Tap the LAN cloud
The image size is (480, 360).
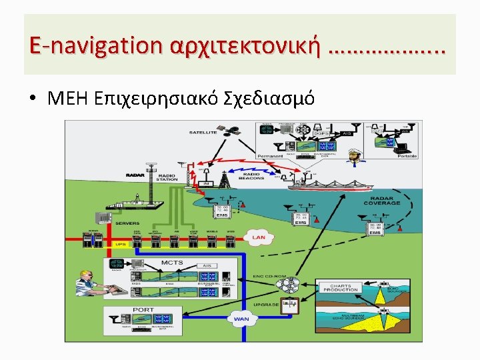pos(258,237)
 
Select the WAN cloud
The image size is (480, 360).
pos(240,319)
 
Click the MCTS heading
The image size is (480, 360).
pos(171,263)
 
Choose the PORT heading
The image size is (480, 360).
pos(143,309)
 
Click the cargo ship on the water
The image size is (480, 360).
pos(327,186)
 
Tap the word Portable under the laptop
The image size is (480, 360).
pos(407,156)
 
